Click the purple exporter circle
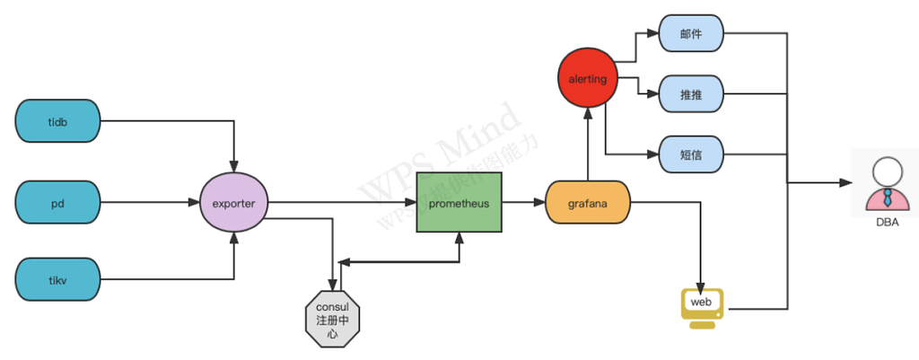pos(233,203)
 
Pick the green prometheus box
pos(459,203)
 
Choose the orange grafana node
pos(588,203)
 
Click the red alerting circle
pos(588,79)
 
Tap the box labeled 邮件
pos(691,33)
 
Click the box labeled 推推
pos(691,94)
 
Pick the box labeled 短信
pos(691,154)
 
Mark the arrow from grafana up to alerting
pos(588,144)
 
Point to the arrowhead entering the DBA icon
pos(846,182)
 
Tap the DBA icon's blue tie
pos(886,198)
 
